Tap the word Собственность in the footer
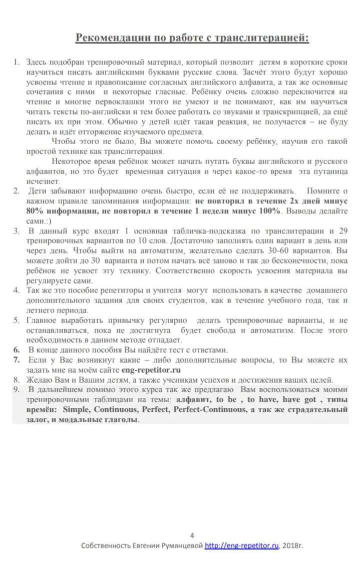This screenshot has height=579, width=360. point(105,546)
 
